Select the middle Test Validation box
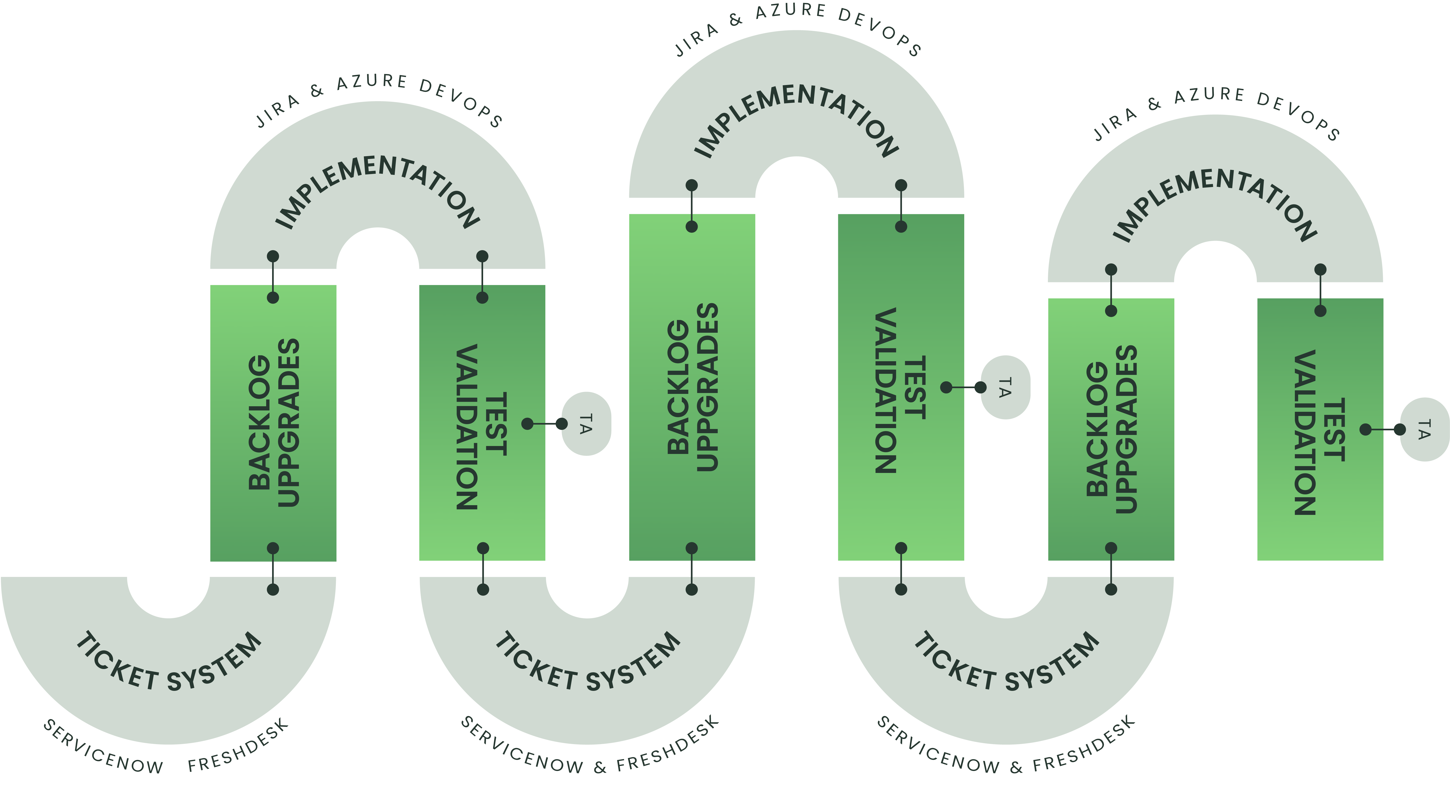901,389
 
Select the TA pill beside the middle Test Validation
1005,387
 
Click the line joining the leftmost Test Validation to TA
544,423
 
